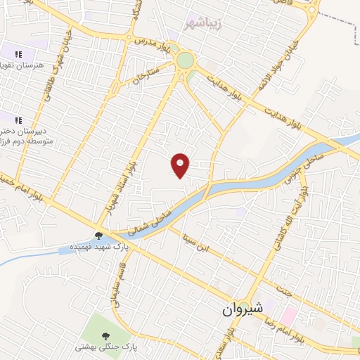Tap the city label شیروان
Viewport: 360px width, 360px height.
point(242,308)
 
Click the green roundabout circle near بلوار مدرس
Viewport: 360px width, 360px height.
point(186,61)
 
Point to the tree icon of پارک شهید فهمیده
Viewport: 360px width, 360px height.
point(98,236)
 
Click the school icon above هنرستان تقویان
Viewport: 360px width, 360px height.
point(18,53)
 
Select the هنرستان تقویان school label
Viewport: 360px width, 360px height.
point(23,65)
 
